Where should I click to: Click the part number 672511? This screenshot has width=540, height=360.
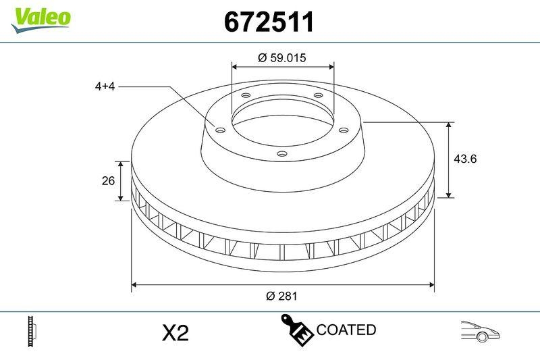269,23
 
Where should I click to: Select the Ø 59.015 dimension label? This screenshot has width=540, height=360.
282,58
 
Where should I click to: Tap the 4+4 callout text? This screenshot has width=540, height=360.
106,86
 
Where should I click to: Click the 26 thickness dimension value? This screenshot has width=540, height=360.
106,180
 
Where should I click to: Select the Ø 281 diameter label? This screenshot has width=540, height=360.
282,296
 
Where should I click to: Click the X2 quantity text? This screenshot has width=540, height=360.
175,332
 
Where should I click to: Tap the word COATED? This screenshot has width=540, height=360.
346,330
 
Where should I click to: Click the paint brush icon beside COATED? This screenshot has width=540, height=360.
296,330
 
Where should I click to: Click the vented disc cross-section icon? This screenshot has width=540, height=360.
31,331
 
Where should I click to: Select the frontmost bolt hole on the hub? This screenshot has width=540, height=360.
281,155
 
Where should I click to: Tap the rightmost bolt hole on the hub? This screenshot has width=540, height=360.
343,130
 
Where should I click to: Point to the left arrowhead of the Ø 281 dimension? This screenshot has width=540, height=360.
134,284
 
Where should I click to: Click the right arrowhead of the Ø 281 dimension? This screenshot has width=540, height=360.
431,284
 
